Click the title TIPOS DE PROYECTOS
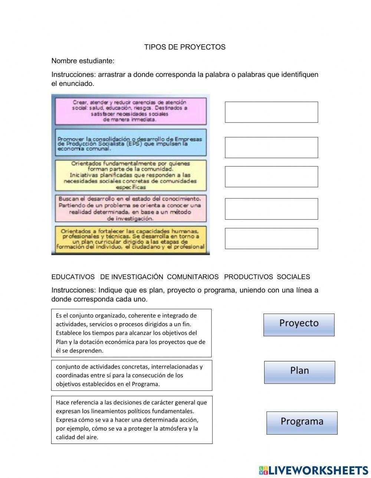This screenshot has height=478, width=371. pos(185,47)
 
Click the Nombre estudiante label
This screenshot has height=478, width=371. pos(83,61)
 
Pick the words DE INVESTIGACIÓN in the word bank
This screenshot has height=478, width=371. pos(132,277)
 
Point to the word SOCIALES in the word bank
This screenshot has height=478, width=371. pos(293,277)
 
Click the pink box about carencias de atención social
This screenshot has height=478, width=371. pos(131,111)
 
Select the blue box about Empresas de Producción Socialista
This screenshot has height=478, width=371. pos(131,143)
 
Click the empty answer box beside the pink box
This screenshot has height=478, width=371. pos(271,112)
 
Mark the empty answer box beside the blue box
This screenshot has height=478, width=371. pos(271,147)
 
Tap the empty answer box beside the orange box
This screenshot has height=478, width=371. pos(271,238)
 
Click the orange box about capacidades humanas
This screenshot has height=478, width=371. pos(131,239)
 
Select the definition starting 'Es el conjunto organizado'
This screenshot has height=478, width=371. pos(131,333)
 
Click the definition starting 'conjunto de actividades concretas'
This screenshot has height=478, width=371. pos(131,375)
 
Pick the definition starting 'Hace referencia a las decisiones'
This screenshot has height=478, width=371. pos(132,419)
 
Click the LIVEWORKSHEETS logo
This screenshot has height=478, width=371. pos(313,470)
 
